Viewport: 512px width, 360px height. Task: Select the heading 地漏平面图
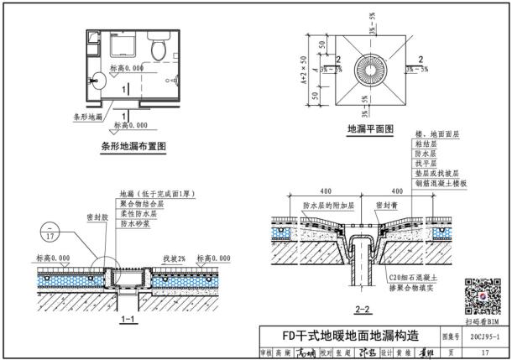pos(371,130)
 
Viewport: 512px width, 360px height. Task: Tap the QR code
pos(482,293)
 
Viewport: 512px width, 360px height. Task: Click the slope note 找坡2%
pos(175,258)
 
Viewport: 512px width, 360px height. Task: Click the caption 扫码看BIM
pos(482,321)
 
